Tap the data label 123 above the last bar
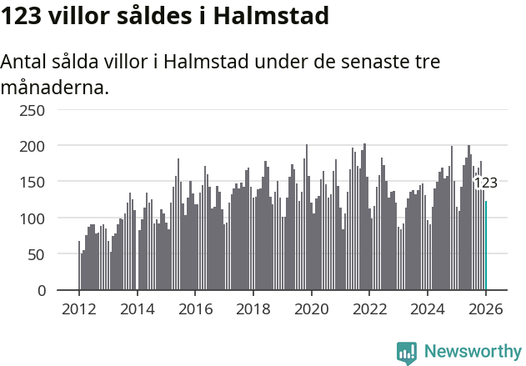point(485,183)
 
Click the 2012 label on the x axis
point(79,309)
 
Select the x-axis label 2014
point(138,309)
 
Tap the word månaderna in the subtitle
point(54,87)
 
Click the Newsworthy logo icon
point(407,353)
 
